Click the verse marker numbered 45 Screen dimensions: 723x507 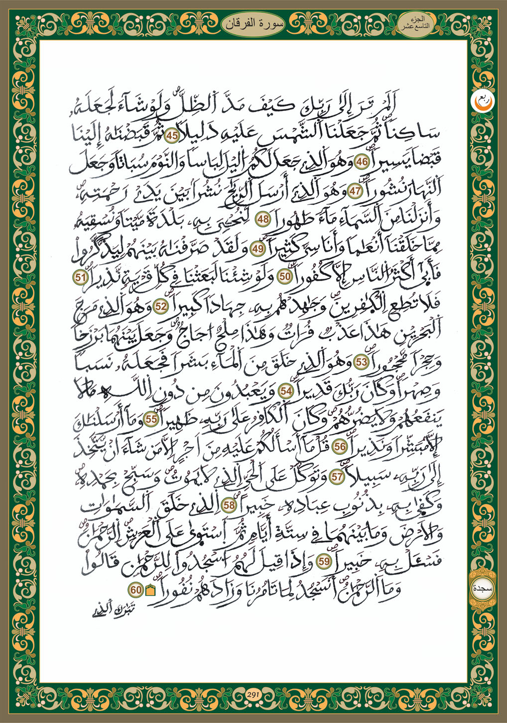pyautogui.click(x=173, y=135)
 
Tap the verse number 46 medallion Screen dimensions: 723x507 pyautogui.click(x=362, y=163)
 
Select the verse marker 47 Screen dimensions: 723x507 pyautogui.click(x=355, y=191)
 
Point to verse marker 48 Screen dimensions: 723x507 pyautogui.click(x=262, y=219)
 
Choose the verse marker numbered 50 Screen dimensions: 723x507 pyautogui.click(x=284, y=277)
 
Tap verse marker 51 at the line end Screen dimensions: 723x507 pyautogui.click(x=81, y=277)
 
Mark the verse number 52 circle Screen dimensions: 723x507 pyautogui.click(x=160, y=307)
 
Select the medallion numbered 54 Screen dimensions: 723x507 pyautogui.click(x=286, y=391)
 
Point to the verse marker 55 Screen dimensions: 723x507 pyautogui.click(x=151, y=419)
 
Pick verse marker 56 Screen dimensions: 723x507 pyautogui.click(x=340, y=447)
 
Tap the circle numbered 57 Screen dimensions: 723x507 pyautogui.click(x=337, y=476)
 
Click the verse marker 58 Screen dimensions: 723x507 pyautogui.click(x=229, y=505)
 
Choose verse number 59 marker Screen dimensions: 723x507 pyautogui.click(x=324, y=561)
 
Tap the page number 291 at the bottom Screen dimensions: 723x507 pyautogui.click(x=253, y=695)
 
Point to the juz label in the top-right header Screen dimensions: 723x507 pyautogui.click(x=417, y=22)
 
